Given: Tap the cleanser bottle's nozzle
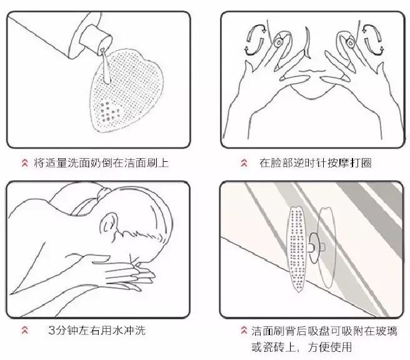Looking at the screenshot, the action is click(x=95, y=39).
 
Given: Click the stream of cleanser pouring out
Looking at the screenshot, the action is click(x=105, y=66).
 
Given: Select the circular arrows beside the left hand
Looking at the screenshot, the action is click(x=256, y=40).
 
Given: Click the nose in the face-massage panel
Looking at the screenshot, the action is click(x=307, y=43).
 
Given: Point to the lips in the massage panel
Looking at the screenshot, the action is click(x=312, y=71).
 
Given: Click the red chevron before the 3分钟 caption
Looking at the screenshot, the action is click(x=25, y=330).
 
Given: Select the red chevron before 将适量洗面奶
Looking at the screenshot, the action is click(x=25, y=162).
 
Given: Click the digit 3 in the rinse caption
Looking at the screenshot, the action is click(x=52, y=331).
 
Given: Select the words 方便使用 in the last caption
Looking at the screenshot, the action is click(x=330, y=347).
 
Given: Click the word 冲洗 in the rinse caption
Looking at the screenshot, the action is click(x=134, y=331).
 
